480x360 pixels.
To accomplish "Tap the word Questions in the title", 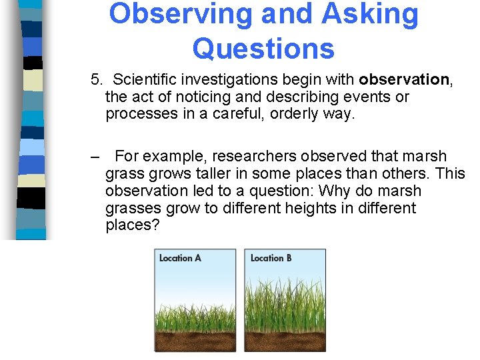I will [263, 48].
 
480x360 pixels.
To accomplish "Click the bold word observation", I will [404, 80].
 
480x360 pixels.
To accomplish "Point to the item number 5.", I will [97, 80].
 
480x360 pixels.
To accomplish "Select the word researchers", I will [261, 157].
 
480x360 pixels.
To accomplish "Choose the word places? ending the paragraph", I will [133, 225].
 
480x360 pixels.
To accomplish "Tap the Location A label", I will [180, 258].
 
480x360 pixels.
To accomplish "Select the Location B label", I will [271, 258].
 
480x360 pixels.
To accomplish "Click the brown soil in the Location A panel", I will [195, 341].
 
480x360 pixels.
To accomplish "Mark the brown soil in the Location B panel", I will [285, 341].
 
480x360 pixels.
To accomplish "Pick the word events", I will [368, 97].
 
